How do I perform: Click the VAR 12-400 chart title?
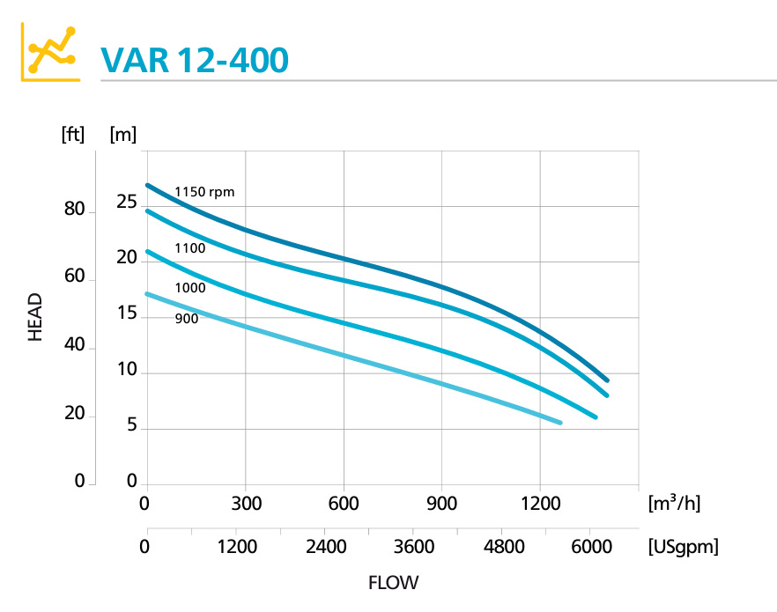pyautogui.click(x=195, y=60)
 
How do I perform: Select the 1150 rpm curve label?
pyautogui.click(x=204, y=192)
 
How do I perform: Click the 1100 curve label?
pyautogui.click(x=189, y=248)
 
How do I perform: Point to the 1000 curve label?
pyautogui.click(x=189, y=288)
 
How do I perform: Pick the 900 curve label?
pyautogui.click(x=186, y=319)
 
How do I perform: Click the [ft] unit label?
pyautogui.click(x=73, y=135)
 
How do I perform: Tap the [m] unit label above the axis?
pyautogui.click(x=123, y=135)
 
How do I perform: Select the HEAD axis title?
pyautogui.click(x=35, y=317)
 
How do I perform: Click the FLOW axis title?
pyautogui.click(x=393, y=583)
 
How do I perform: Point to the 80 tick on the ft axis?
pyautogui.click(x=73, y=210)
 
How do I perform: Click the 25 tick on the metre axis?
pyautogui.click(x=126, y=203)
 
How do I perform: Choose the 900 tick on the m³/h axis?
pyautogui.click(x=442, y=504)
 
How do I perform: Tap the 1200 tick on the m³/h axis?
pyautogui.click(x=540, y=504)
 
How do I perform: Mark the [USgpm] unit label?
pyautogui.click(x=683, y=547)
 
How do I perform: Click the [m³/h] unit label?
pyautogui.click(x=674, y=503)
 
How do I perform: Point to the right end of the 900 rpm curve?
pyautogui.click(x=559, y=423)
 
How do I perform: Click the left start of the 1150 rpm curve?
pyautogui.click(x=148, y=185)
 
